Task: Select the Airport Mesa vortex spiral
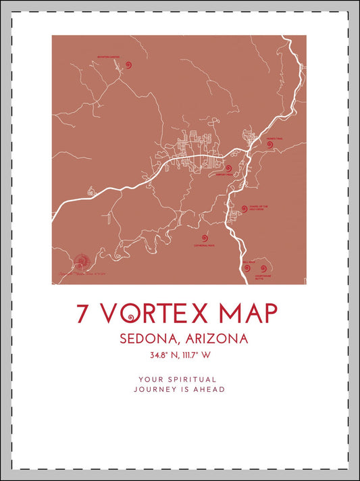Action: [228, 169]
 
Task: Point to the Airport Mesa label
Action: [224, 175]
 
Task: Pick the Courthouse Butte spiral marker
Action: [263, 268]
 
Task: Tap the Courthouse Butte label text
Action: [263, 277]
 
